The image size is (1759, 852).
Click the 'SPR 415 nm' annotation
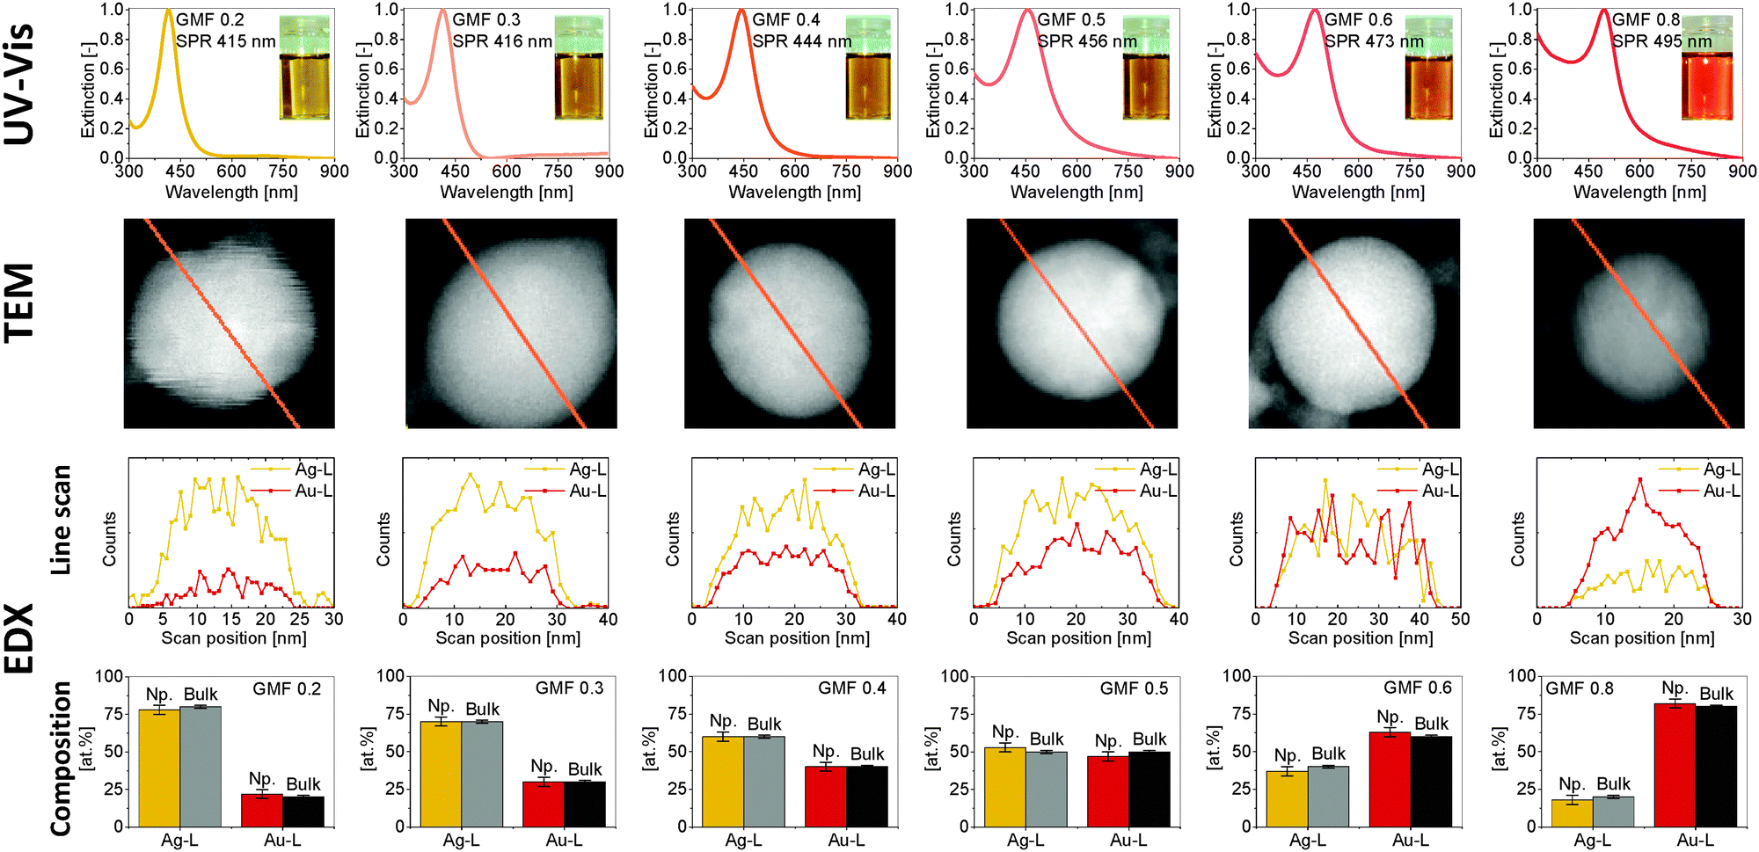pyautogui.click(x=226, y=41)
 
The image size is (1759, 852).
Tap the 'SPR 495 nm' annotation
pyautogui.click(x=1662, y=41)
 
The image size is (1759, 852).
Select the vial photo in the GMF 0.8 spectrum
pyautogui.click(x=1707, y=67)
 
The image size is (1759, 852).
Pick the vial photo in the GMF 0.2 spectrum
pyautogui.click(x=305, y=67)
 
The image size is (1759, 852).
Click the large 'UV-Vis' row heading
pyautogui.click(x=19, y=84)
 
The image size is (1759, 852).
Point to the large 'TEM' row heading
pyautogui.click(x=19, y=302)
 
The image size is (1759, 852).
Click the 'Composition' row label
pyautogui.click(x=61, y=759)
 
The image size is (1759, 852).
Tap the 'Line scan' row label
pyautogui.click(x=61, y=521)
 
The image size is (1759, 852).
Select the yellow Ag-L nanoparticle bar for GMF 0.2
pyautogui.click(x=159, y=768)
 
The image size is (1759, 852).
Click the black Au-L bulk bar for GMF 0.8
pyautogui.click(x=1716, y=766)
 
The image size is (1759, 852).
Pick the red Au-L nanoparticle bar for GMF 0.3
pyautogui.click(x=544, y=804)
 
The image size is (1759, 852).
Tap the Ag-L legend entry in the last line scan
pyautogui.click(x=1700, y=470)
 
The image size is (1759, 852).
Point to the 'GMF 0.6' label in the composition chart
pyautogui.click(x=1418, y=688)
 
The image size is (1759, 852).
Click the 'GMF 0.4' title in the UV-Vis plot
pyautogui.click(x=786, y=19)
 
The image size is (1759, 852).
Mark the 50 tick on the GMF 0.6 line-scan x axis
pyautogui.click(x=1461, y=619)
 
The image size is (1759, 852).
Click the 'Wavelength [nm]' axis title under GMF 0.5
pyautogui.click(x=1077, y=192)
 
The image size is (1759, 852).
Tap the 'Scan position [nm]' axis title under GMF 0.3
pyautogui.click(x=508, y=638)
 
